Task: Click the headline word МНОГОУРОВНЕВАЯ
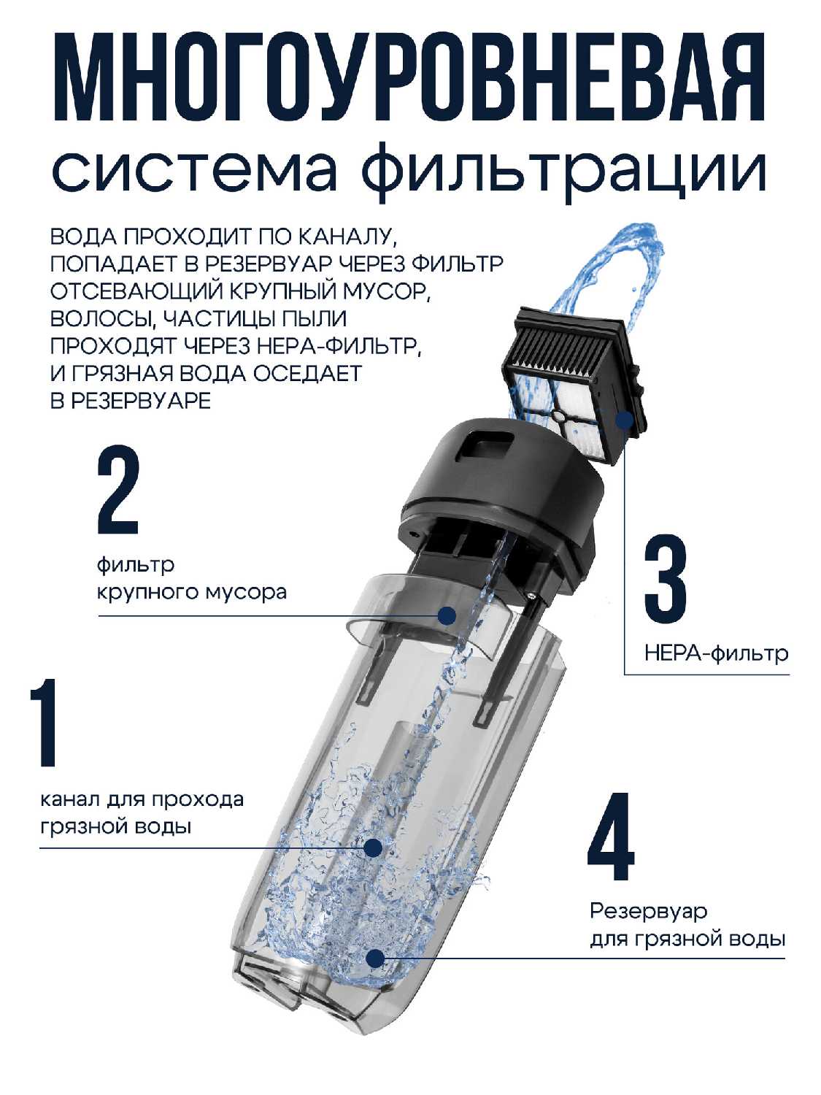(x=409, y=77)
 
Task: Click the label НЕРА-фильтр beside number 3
(x=717, y=653)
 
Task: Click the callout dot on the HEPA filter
(x=624, y=420)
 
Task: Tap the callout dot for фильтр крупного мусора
(x=447, y=615)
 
